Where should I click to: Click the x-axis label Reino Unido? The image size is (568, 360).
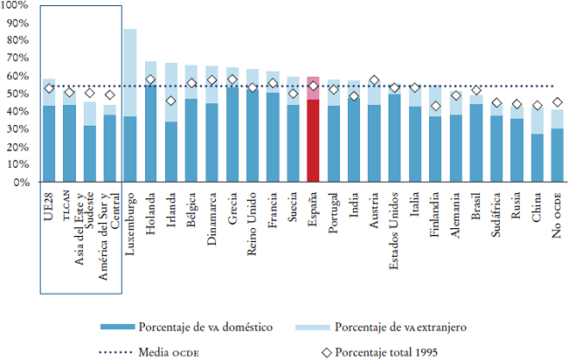(253, 213)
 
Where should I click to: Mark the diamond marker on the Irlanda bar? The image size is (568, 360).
(171, 101)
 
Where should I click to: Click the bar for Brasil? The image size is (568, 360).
(475, 140)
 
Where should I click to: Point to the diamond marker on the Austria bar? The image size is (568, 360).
(374, 81)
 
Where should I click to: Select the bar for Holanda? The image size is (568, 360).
(150, 122)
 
